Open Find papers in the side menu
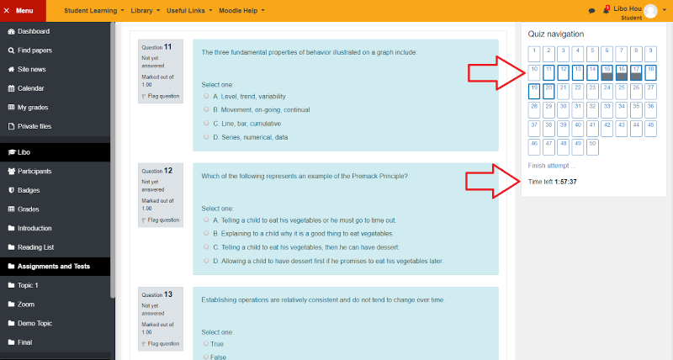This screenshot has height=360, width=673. tap(29, 50)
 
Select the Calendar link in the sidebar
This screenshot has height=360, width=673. tap(26, 88)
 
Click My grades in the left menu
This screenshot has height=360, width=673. tap(28, 108)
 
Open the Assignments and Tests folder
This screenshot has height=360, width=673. tap(49, 266)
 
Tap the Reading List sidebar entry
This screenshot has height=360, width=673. tap(31, 247)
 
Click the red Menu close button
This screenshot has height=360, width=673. tap(23, 11)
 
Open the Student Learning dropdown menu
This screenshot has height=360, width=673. tap(94, 11)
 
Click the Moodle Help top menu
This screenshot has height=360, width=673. tap(241, 11)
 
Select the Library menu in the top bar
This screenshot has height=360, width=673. tap(145, 11)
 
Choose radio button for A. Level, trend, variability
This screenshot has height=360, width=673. tap(206, 96)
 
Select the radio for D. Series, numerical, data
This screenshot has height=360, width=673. tap(206, 137)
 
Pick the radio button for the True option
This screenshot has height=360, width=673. tap(206, 343)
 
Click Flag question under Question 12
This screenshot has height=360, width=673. tap(161, 220)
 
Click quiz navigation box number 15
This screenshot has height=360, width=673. tap(607, 73)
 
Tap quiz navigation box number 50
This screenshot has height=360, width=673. tap(592, 147)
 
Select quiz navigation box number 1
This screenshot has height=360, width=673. tap(534, 54)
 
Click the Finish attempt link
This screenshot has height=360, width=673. tap(552, 166)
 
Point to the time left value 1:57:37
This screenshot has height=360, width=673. tap(565, 182)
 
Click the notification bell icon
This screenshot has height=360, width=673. tap(606, 10)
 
